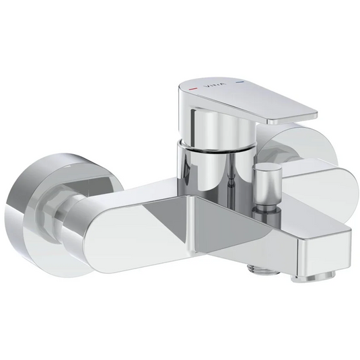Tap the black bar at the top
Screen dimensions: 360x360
(180, 26)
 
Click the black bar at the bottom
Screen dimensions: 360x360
(180, 333)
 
